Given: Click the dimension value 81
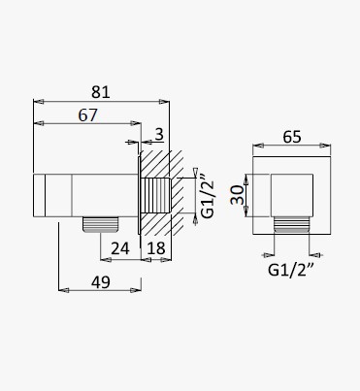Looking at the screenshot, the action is (101, 92).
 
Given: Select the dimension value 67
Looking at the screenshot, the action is (87, 115).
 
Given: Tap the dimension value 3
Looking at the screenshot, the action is (159, 134).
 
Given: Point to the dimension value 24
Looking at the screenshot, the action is (120, 248).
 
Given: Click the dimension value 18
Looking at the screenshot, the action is (156, 248).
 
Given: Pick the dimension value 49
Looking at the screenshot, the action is (101, 282).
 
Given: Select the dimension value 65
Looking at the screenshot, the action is (292, 137).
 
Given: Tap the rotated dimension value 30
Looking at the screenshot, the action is (238, 195).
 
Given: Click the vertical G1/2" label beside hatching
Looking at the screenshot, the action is (208, 196).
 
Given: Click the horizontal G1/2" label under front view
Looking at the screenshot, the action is (291, 270).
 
